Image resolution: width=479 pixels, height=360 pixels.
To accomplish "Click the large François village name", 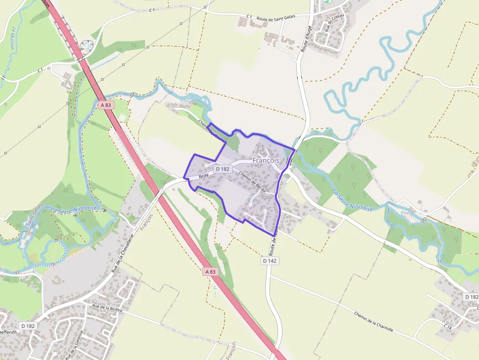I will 266,160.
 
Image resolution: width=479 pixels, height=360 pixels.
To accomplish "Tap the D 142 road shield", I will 270,261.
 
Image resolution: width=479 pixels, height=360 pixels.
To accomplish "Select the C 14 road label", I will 447,326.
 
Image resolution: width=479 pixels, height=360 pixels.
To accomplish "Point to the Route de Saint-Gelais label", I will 276,17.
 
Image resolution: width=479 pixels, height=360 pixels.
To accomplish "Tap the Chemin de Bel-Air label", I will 252,181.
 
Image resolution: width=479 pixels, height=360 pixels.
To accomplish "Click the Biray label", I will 203,175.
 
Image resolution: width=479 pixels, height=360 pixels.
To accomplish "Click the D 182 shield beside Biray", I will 222,169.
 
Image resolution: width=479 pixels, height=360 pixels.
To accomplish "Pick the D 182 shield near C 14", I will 471,296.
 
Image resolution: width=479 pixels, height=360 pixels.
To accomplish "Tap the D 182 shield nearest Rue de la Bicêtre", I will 28,325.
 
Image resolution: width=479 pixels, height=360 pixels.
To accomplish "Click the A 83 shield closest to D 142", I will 210,272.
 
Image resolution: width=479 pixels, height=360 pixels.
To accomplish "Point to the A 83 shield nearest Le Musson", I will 105,105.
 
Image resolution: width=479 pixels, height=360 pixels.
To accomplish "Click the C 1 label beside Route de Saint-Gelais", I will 249,17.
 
